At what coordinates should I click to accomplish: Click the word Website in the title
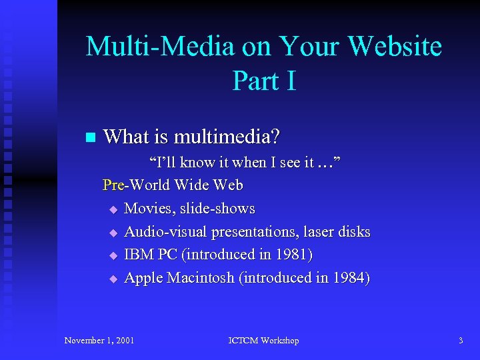395,47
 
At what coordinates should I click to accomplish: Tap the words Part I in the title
264,81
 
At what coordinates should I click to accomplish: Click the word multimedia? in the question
227,137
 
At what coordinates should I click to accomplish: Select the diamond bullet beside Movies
113,209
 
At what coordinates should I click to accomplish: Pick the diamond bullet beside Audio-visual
113,233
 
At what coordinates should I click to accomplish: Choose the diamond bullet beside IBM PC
113,255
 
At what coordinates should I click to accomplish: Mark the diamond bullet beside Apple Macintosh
113,279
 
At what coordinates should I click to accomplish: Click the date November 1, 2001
99,341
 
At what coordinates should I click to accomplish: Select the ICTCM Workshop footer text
263,341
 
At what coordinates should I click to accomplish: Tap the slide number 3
461,341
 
